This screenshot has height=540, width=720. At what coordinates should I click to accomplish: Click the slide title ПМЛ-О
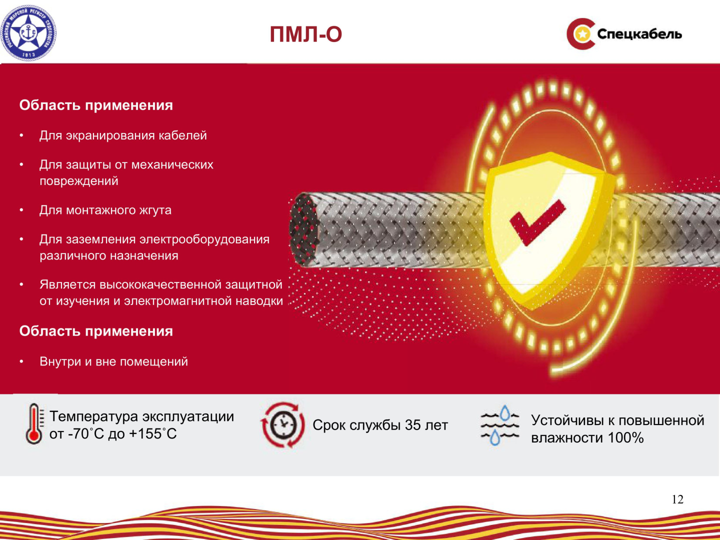click(x=305, y=34)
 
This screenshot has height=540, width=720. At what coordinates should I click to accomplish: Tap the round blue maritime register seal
click(x=28, y=33)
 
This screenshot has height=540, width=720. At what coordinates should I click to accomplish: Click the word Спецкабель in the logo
click(x=639, y=34)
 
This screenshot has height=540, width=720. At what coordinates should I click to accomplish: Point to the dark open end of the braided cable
click(x=303, y=229)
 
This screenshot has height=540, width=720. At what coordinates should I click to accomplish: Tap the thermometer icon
click(x=34, y=423)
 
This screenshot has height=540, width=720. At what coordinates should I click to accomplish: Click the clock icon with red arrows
click(x=283, y=425)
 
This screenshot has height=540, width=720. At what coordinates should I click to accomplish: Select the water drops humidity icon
click(x=499, y=425)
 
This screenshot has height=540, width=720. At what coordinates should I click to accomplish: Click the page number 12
click(x=677, y=499)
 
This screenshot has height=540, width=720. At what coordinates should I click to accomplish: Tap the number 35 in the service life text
click(x=412, y=425)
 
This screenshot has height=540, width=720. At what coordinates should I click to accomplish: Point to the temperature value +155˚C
click(x=153, y=434)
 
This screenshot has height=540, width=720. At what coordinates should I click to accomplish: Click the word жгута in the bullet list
click(x=155, y=210)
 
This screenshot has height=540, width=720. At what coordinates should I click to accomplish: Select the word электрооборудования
click(x=204, y=239)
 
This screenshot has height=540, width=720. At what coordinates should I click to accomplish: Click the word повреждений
click(x=78, y=181)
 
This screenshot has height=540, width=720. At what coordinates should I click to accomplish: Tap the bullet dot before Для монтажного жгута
click(x=21, y=210)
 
